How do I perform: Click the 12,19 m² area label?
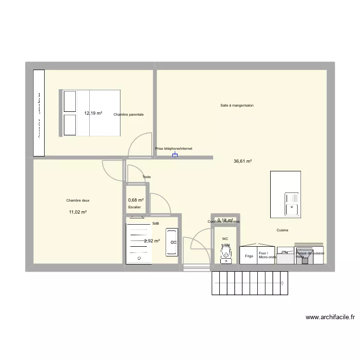click(x=93, y=113)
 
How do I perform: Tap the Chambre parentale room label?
click(x=129, y=115)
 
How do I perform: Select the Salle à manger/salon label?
click(x=237, y=105)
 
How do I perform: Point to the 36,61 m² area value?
click(x=243, y=161)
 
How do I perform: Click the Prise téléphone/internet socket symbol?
click(x=175, y=156)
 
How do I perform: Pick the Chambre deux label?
click(x=78, y=201)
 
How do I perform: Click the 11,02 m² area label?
click(x=78, y=212)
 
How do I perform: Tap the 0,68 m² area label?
click(x=136, y=200)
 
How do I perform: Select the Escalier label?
click(x=135, y=207)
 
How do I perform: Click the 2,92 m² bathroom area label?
click(x=152, y=241)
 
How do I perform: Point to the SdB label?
click(x=156, y=224)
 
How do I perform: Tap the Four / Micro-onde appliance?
click(x=267, y=255)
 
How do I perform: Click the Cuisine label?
click(x=282, y=230)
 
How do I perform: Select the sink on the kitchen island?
click(x=292, y=204)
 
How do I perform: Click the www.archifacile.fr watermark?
click(x=330, y=317)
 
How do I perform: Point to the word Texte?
click(x=146, y=177)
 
